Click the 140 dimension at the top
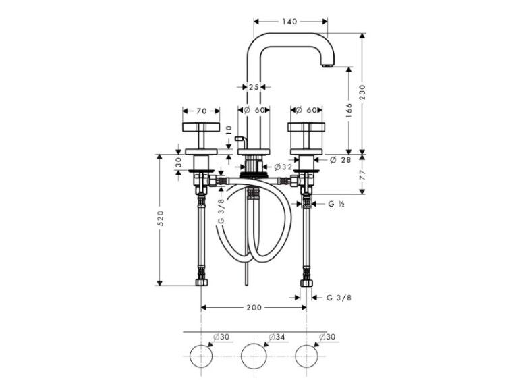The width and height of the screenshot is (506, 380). pos(290,22)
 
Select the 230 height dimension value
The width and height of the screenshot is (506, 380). pos(362,92)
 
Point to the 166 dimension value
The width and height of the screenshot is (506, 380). pos(349,111)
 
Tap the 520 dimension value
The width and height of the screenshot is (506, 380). pos(161,218)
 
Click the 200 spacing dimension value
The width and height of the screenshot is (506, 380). pos(254,308)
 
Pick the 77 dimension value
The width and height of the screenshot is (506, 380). pos(362,175)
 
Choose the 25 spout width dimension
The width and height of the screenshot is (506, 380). pos(254,87)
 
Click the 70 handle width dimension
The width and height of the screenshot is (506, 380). pos(201,111)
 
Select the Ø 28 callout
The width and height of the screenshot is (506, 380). pos(341,159)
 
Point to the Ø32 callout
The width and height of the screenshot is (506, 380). pos(283,167)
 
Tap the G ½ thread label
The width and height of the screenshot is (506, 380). pos(336,204)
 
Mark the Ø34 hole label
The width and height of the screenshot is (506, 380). pos(277,337)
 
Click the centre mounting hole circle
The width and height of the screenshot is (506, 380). pos(254,356)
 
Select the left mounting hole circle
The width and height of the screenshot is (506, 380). pos(201,356)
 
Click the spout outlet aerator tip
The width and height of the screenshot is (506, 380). pos(327,65)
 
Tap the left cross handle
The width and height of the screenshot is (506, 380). pos(201,135)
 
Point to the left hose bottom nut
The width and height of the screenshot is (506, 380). pos(201,283)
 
